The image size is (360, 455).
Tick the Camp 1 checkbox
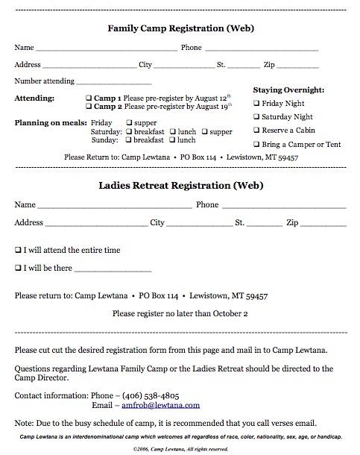tap(89, 98)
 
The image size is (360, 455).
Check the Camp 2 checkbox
tap(89, 107)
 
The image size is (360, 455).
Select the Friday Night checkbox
tap(257, 104)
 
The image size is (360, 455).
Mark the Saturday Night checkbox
tap(257, 117)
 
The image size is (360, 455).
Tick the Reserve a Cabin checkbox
tap(257, 131)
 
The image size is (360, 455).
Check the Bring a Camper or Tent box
tap(257, 144)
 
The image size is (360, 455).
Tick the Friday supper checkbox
tap(130, 122)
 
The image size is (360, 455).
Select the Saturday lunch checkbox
tap(172, 131)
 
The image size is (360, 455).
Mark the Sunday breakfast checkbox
tap(130, 140)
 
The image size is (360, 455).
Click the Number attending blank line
tap(113, 83)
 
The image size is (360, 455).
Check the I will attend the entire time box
tap(18, 251)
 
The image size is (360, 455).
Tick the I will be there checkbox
tap(18, 267)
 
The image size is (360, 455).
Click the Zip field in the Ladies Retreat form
tap(323, 224)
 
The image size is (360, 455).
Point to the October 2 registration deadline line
tap(180, 314)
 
